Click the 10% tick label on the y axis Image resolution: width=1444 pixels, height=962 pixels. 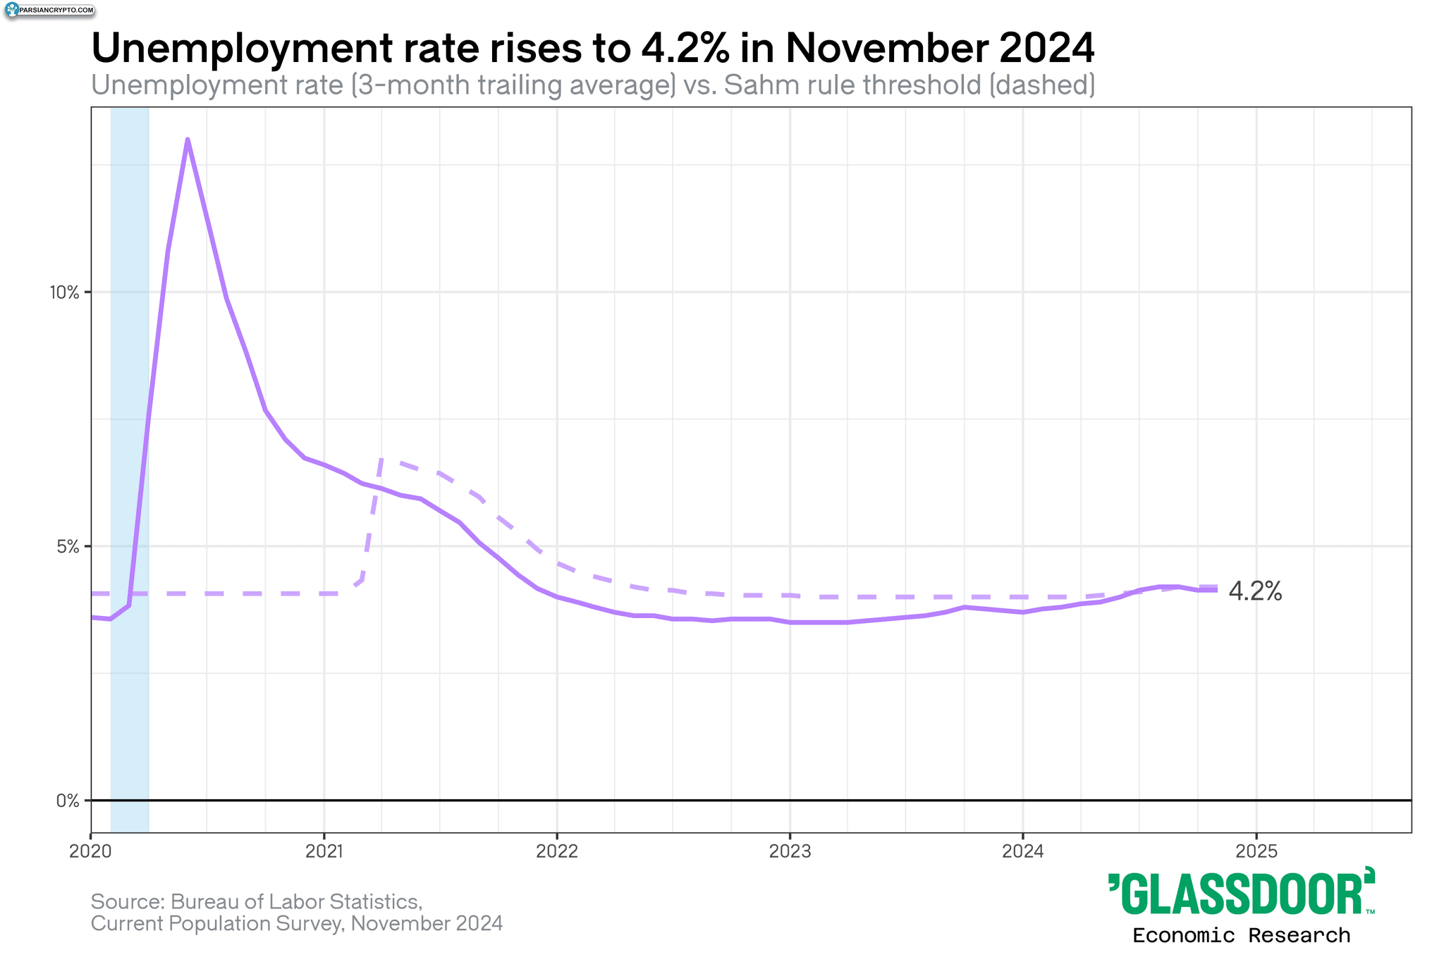coord(64,292)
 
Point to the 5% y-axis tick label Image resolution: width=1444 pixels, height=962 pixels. coord(68,546)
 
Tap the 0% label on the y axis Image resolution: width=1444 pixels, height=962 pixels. coord(68,801)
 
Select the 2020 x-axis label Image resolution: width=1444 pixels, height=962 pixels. coord(91,851)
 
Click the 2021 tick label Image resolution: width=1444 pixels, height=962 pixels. coord(324,851)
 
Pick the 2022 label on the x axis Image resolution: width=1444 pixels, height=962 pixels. coord(557,851)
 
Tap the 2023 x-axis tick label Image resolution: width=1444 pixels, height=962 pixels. coord(790,851)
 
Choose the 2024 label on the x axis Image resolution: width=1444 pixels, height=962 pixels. coord(1023,851)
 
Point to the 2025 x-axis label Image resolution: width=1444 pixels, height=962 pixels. coord(1256,851)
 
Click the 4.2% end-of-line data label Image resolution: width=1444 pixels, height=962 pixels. coord(1255,591)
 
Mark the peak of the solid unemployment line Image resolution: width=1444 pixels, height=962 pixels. coord(187,140)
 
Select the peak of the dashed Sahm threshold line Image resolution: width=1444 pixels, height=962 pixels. coord(381,460)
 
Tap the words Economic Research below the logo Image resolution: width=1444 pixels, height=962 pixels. coord(1241,936)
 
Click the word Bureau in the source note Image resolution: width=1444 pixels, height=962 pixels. coord(204,901)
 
